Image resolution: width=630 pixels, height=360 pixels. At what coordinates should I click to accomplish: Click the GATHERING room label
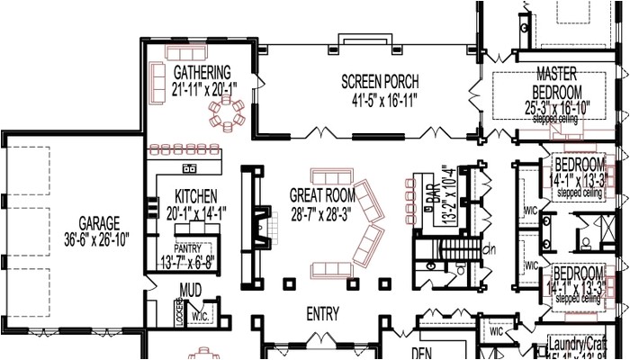click(202, 72)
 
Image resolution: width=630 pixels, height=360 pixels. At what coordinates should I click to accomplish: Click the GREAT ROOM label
click(322, 193)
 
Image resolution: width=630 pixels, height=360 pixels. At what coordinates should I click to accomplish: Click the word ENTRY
click(322, 314)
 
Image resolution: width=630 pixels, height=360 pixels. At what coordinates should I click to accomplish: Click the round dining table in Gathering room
click(227, 112)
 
